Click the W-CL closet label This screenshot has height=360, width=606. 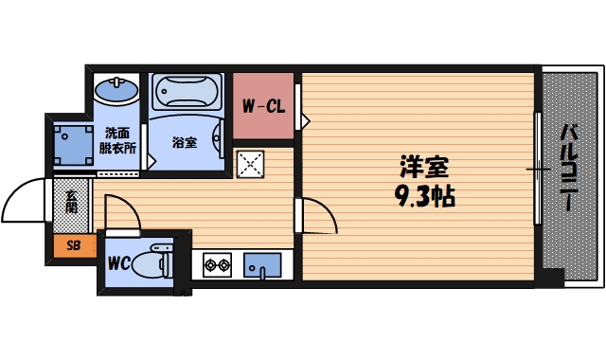point(262,107)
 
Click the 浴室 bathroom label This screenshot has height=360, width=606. point(184,142)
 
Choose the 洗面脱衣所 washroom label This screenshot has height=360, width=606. point(118,140)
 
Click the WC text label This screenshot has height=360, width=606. point(118,262)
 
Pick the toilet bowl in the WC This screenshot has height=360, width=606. point(151,262)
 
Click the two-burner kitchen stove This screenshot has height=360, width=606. point(216,264)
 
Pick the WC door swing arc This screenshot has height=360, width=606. point(124,210)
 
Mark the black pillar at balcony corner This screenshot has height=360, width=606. point(549,278)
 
